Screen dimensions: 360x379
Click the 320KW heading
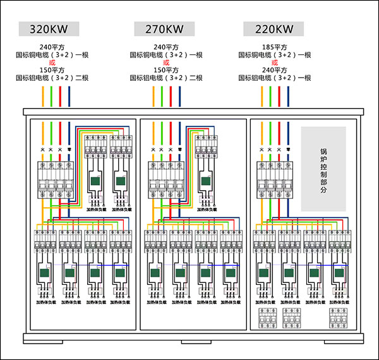pyautogui.click(x=49, y=29)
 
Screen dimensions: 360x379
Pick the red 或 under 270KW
pyautogui.click(x=166, y=63)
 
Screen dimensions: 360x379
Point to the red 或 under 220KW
pyautogui.click(x=275, y=63)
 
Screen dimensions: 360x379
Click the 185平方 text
pyautogui.click(x=275, y=47)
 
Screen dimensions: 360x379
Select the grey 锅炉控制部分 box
pyautogui.click(x=323, y=169)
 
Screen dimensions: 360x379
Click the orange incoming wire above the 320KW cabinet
pyautogui.click(x=43, y=96)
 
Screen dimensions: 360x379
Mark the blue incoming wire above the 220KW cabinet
pyautogui.click(x=288, y=96)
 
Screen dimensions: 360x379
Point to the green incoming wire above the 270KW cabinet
pyautogui.click(x=162, y=96)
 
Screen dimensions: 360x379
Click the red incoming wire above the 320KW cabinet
pyautogui.click(x=60, y=96)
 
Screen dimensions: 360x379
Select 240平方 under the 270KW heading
pyautogui.click(x=166, y=47)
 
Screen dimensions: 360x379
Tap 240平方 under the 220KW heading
pyautogui.click(x=275, y=70)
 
